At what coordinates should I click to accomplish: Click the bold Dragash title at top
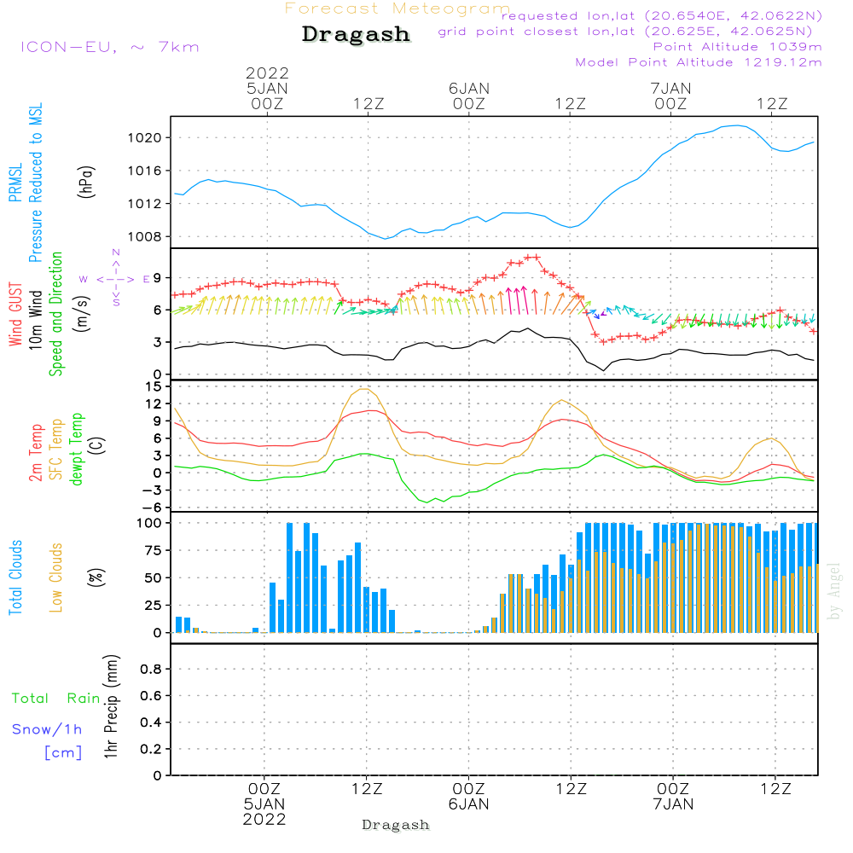click(x=356, y=35)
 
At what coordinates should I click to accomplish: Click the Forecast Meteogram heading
click(x=397, y=9)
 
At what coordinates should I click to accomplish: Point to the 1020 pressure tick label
click(x=144, y=137)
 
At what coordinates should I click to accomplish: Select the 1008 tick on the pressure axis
click(x=144, y=236)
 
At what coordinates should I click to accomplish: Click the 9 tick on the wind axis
click(x=156, y=277)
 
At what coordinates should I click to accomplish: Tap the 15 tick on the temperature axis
click(x=154, y=386)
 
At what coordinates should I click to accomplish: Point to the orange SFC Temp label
click(x=56, y=449)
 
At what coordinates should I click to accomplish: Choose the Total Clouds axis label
click(x=15, y=577)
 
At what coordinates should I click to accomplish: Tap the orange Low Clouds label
click(x=56, y=577)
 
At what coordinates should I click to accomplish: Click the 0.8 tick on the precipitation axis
click(x=152, y=670)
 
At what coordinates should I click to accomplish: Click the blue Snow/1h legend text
click(x=48, y=729)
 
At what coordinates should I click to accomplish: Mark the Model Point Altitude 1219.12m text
click(x=699, y=62)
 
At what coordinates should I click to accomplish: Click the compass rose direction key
click(x=116, y=278)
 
